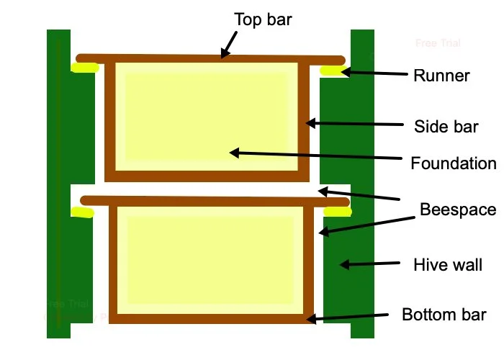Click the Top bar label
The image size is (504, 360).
point(263,19)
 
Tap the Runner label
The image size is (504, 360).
point(441,75)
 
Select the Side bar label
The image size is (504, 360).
point(446,127)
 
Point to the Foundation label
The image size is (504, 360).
point(454,163)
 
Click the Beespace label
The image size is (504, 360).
point(459,210)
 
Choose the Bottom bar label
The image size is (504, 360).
point(444,315)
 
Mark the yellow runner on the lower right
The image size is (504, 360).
point(337,212)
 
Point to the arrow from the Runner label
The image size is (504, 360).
point(371,72)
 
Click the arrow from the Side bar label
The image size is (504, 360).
point(353,124)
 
